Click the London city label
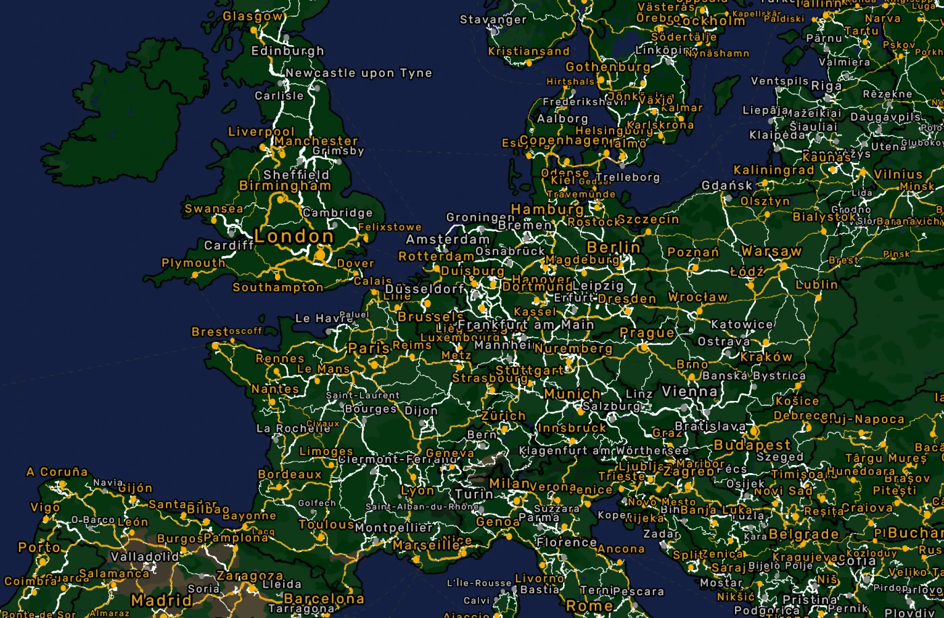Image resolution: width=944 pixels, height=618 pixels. pos(293,237)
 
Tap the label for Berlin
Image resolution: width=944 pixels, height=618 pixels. pos(613,247)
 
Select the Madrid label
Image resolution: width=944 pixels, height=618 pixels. pos(161,600)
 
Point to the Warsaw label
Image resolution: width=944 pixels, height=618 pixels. pos(771,251)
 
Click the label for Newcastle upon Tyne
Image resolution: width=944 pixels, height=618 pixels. pos(358,73)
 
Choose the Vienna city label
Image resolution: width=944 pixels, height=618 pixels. pos(689,392)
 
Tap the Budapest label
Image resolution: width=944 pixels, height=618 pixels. pos(752,445)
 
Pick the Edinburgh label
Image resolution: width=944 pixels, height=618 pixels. pos(287,51)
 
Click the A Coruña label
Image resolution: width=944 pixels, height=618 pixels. pos(57,472)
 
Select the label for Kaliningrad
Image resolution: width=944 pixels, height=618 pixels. pos(773,171)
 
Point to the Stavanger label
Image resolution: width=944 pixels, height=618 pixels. pos(493,20)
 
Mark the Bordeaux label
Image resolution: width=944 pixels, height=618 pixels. pos(290,474)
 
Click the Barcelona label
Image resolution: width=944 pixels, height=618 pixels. pos(324,598)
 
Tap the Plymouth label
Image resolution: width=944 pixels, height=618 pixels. pos(193,263)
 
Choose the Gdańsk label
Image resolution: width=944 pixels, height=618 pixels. pos(727,185)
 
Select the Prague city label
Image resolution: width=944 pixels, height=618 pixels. pos(647,333)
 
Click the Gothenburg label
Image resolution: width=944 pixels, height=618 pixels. pos(608,67)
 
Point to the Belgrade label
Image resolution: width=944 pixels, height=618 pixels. pos(803,535)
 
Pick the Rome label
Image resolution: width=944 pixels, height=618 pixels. pos(589,606)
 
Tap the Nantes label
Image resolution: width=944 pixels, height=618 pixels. pos(275,389)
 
